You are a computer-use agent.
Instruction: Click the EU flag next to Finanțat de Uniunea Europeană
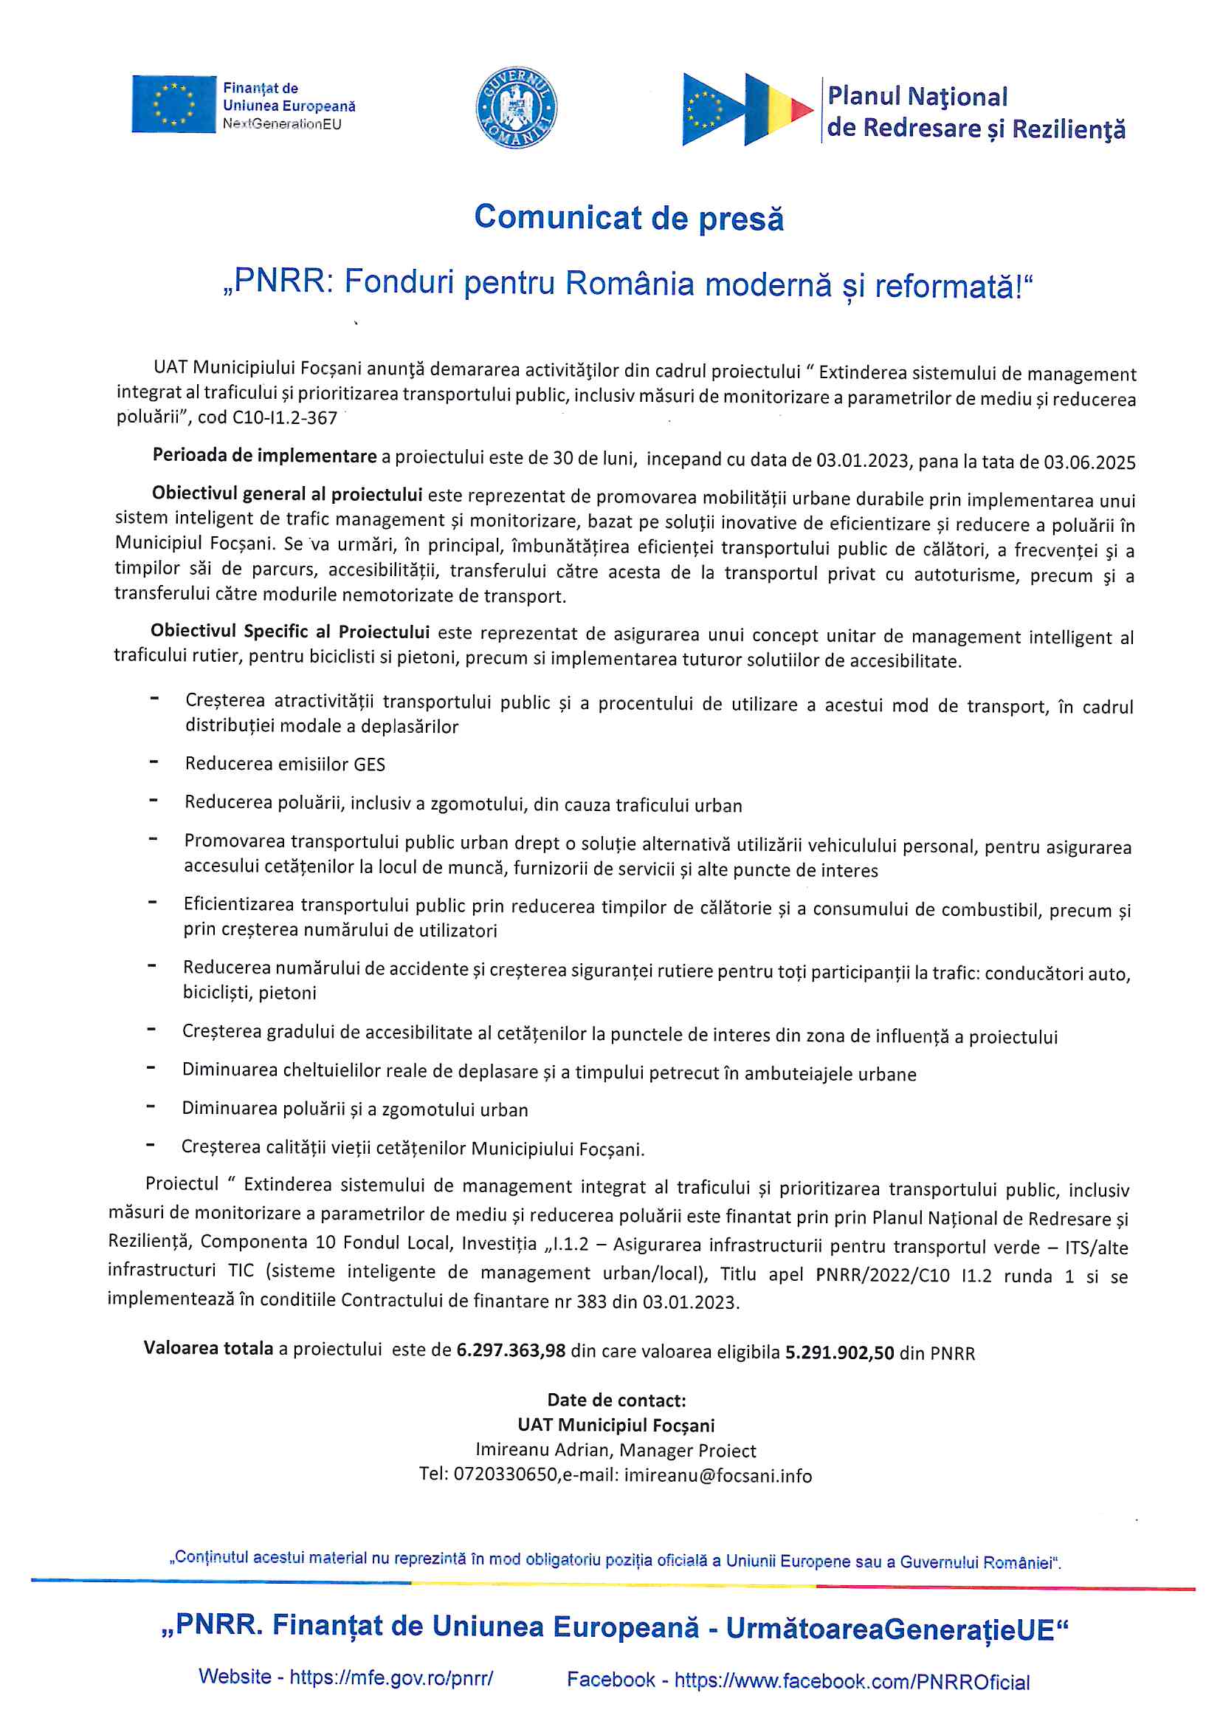[173, 105]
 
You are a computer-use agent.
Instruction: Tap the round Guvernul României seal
[517, 107]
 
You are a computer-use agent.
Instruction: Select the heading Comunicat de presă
[628, 218]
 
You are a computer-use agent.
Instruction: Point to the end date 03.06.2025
[1089, 462]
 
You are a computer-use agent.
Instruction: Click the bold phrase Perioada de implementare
[265, 456]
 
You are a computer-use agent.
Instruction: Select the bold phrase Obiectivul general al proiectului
[286, 494]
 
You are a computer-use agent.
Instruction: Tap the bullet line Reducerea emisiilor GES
[285, 765]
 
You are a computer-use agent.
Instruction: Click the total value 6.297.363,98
[511, 1350]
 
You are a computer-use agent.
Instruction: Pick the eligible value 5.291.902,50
[840, 1352]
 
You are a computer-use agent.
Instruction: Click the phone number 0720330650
[505, 1475]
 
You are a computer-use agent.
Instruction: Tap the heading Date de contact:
[616, 1400]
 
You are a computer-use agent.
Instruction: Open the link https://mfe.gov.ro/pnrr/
[391, 1677]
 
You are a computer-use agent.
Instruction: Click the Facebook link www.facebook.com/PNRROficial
[852, 1681]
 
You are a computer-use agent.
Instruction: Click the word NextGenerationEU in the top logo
[282, 124]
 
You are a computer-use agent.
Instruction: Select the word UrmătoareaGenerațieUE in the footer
[890, 1629]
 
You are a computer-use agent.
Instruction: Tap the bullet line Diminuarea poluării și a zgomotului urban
[355, 1109]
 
